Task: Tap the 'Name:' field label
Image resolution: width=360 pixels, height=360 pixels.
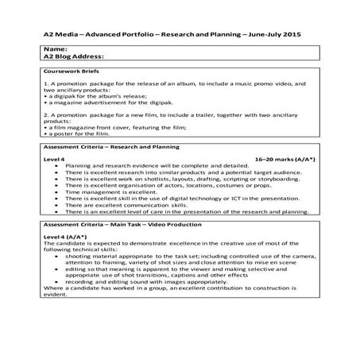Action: pyautogui.click(x=56, y=49)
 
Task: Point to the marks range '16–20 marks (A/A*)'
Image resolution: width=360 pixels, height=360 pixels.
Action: pyautogui.click(x=285, y=160)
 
